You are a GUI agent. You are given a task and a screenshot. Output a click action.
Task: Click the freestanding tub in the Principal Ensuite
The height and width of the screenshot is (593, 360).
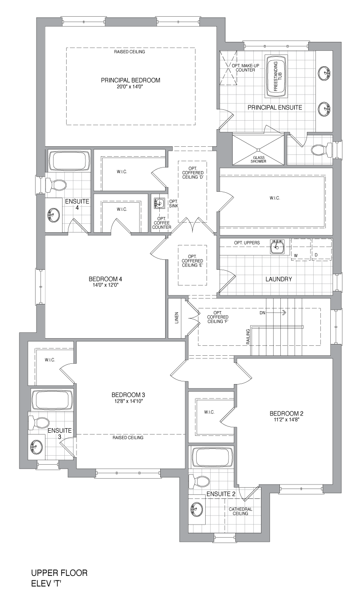[x=276, y=77]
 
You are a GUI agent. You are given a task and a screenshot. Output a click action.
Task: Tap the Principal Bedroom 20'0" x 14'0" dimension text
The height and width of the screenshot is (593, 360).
[x=130, y=86]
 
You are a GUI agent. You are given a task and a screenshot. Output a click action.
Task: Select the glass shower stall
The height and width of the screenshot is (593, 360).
[x=258, y=149]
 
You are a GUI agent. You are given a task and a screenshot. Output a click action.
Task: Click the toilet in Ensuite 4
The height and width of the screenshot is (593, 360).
[x=55, y=185]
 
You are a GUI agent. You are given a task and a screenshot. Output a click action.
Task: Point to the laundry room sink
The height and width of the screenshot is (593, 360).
[x=277, y=247]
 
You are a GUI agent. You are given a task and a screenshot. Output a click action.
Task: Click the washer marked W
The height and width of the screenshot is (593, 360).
[x=301, y=249]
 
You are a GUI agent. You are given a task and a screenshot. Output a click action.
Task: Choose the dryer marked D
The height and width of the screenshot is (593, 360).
[x=322, y=249]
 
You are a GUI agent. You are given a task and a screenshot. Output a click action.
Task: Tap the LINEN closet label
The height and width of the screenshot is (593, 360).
[x=177, y=318]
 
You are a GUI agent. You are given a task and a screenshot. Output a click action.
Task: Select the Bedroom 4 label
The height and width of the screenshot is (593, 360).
[x=105, y=279]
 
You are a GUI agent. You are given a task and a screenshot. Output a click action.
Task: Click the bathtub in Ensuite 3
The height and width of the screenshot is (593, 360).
[x=52, y=400]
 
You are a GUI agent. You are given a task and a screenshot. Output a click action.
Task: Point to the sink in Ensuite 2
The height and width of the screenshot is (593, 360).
[x=196, y=508]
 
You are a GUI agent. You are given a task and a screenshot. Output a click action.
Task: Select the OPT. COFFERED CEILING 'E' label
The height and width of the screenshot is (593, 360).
[x=192, y=261]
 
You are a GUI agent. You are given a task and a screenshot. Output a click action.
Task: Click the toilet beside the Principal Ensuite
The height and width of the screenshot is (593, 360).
[x=321, y=150]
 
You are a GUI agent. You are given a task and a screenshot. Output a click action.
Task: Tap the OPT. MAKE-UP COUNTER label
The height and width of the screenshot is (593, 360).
[x=245, y=68]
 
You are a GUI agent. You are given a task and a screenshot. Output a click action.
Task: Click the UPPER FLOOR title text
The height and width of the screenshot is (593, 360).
[x=59, y=573]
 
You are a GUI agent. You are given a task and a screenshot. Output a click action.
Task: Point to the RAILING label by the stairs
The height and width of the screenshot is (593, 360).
[x=248, y=336]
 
